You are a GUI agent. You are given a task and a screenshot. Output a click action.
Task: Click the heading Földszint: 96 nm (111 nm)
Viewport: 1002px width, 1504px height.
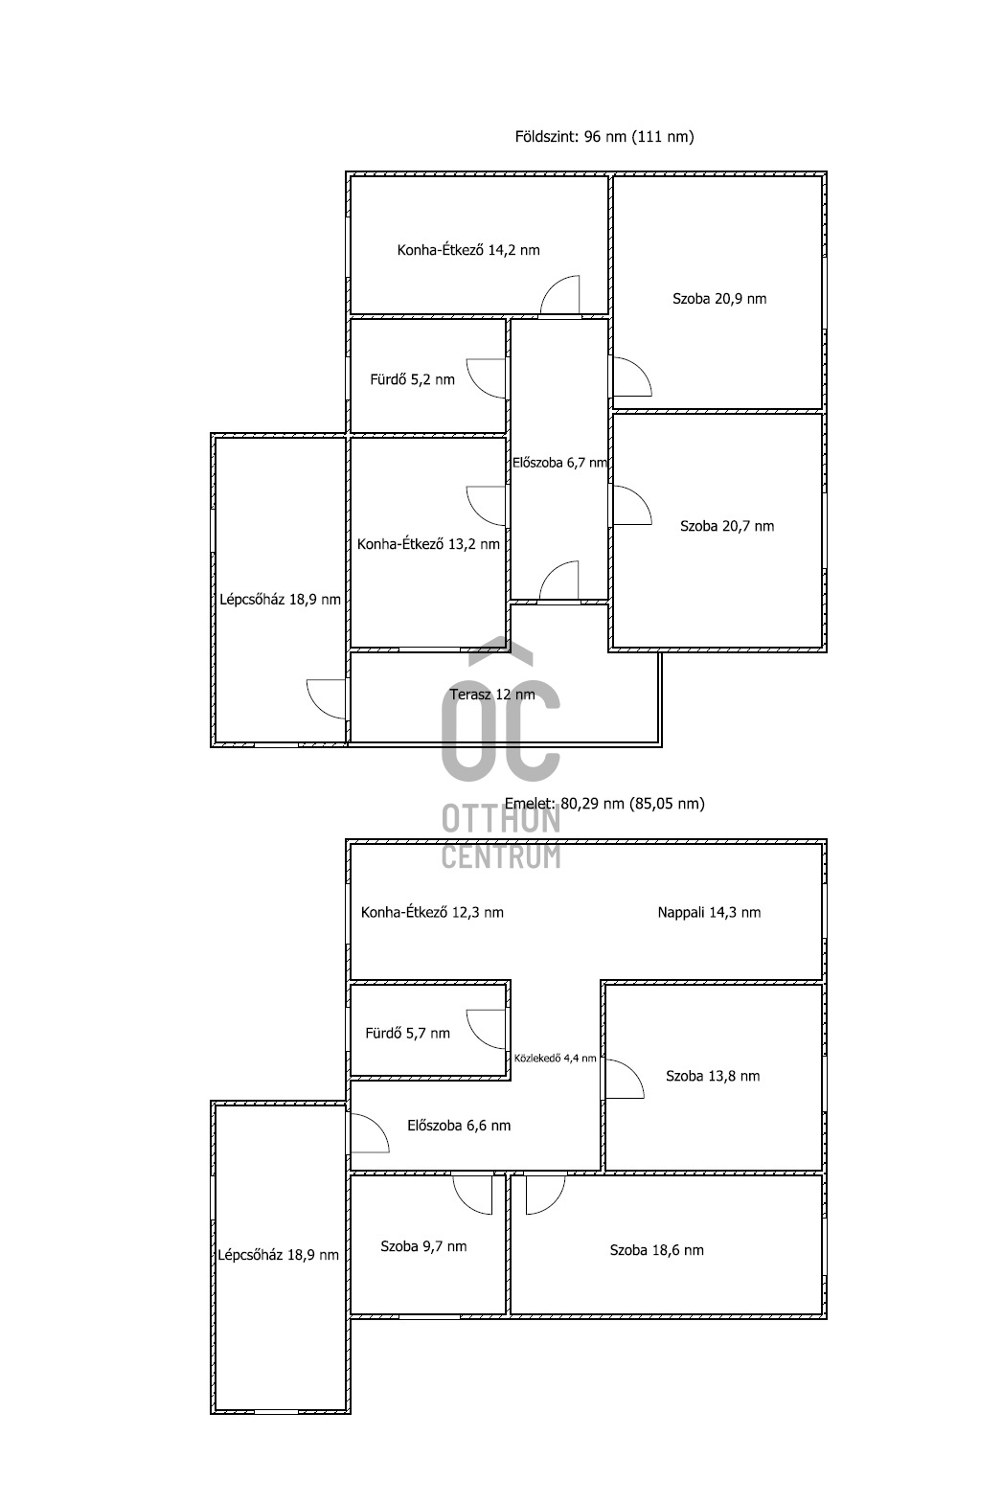[604, 137]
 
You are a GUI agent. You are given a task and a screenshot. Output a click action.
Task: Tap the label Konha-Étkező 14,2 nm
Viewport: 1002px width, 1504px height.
[468, 251]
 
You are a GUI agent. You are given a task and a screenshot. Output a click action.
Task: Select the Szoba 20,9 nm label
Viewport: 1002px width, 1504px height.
[719, 299]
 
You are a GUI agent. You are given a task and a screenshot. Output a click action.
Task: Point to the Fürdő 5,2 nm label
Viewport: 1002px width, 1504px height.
[412, 380]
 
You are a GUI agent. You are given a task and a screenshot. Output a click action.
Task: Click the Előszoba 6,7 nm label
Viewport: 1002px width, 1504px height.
[559, 463]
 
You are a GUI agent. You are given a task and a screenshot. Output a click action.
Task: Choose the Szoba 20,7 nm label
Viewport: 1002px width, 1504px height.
[727, 526]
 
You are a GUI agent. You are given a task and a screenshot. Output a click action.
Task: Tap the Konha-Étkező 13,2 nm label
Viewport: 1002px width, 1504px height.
[428, 544]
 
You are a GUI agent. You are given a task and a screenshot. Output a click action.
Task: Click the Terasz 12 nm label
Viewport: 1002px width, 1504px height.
[492, 695]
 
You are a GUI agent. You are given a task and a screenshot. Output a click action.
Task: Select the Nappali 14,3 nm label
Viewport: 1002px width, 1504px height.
[709, 913]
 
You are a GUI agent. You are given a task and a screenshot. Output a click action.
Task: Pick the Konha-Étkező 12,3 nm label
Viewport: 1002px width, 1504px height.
[432, 913]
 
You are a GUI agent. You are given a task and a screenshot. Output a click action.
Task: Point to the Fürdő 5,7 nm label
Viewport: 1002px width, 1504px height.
[407, 1034]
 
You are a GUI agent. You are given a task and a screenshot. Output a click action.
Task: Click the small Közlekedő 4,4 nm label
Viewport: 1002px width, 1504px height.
[555, 1059]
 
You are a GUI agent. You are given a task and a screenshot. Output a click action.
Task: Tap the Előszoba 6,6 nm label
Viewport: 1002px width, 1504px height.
[459, 1127]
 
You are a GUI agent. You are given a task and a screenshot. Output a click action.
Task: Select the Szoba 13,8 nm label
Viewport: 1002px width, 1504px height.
[713, 1077]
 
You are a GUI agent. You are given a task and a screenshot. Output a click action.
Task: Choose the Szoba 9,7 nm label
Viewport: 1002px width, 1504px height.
[423, 1247]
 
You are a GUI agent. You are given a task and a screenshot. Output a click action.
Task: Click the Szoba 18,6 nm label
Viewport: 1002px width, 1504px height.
[656, 1250]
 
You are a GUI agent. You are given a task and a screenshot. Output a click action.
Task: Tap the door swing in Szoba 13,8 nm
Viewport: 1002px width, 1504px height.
[624, 1080]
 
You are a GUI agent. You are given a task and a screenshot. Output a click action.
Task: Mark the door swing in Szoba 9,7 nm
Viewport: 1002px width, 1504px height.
[472, 1194]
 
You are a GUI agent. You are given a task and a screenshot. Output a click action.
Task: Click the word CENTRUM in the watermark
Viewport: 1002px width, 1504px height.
[501, 855]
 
